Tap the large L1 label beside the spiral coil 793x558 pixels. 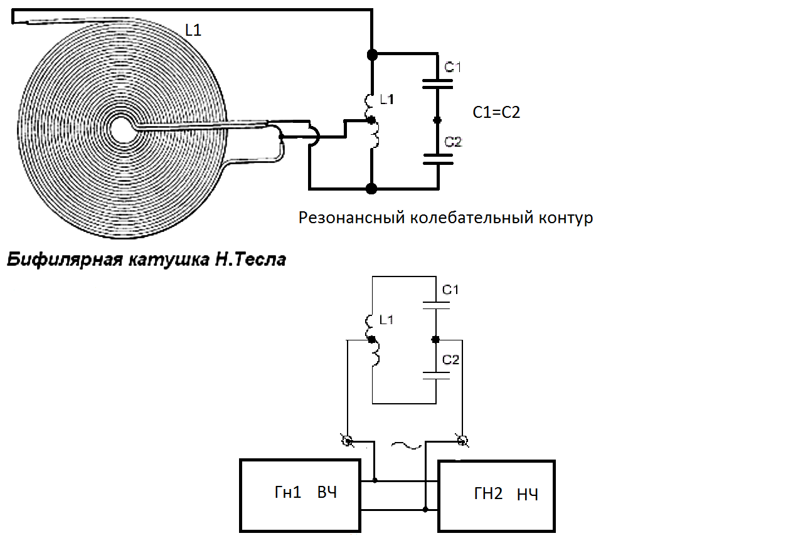click(193, 29)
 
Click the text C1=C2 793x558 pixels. click(496, 113)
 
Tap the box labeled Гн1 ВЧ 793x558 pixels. click(301, 495)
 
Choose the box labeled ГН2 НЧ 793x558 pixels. click(497, 496)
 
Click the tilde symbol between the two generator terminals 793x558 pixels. click(405, 446)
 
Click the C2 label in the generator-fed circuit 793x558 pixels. click(450, 360)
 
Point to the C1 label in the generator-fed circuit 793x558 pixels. click(450, 290)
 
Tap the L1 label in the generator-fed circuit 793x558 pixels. click(386, 320)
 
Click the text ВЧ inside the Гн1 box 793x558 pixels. click(327, 493)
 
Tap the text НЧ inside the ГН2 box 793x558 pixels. click(528, 495)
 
